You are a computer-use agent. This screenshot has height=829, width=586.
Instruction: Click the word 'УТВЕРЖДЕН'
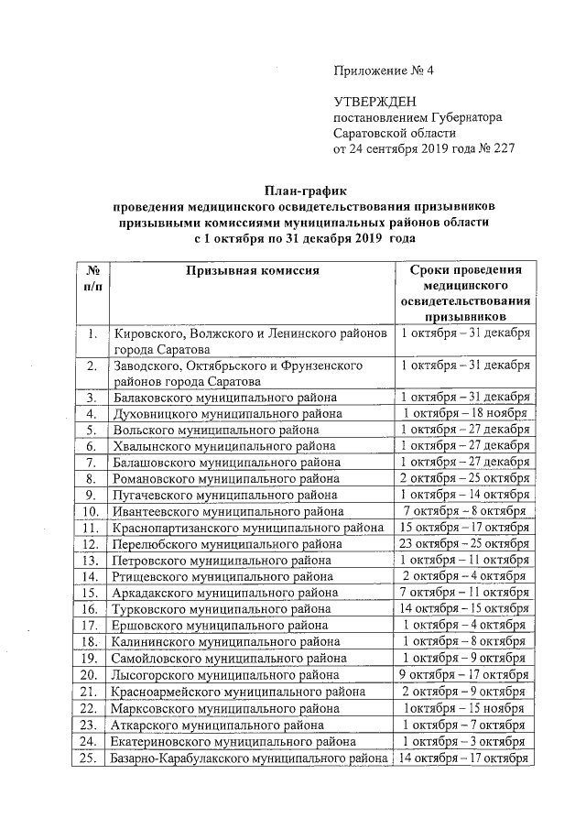pyautogui.click(x=371, y=102)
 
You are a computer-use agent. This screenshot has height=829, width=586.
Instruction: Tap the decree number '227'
pyautogui.click(x=503, y=148)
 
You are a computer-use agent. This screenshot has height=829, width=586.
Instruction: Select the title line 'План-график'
pyautogui.click(x=303, y=191)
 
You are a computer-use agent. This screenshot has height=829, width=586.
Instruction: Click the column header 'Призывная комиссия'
pyautogui.click(x=252, y=270)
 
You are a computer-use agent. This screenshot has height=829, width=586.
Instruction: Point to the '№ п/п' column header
pyautogui.click(x=92, y=278)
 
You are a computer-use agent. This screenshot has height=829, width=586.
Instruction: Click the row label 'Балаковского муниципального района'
pyautogui.click(x=224, y=398)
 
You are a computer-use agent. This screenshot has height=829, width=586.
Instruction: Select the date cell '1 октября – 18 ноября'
pyautogui.click(x=465, y=413)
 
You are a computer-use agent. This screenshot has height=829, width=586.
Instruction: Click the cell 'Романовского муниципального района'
pyautogui.click(x=225, y=478)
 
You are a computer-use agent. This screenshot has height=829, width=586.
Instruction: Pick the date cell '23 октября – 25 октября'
pyautogui.click(x=464, y=543)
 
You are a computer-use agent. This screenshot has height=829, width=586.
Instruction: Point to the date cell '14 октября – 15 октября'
pyautogui.click(x=464, y=609)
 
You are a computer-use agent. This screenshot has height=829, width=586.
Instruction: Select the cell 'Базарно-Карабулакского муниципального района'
pyautogui.click(x=250, y=758)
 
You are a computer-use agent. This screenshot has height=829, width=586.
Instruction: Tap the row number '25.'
pyautogui.click(x=92, y=758)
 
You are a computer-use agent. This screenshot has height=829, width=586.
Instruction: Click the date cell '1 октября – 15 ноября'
pyautogui.click(x=465, y=708)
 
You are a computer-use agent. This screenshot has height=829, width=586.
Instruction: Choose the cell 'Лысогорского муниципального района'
pyautogui.click(x=224, y=675)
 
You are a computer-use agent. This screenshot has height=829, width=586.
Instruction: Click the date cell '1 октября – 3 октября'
pyautogui.click(x=465, y=741)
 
